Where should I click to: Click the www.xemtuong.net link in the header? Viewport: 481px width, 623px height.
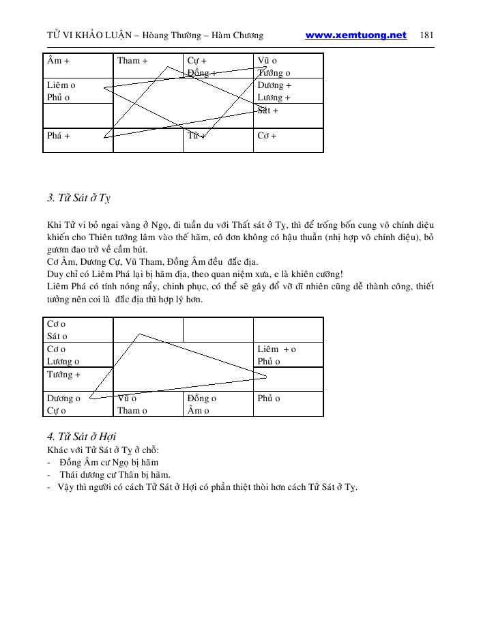355,35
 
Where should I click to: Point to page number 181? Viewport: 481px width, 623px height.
428,35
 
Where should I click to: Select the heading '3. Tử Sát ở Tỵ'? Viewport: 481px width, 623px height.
79,199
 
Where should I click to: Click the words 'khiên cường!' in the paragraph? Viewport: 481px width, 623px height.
319,274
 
